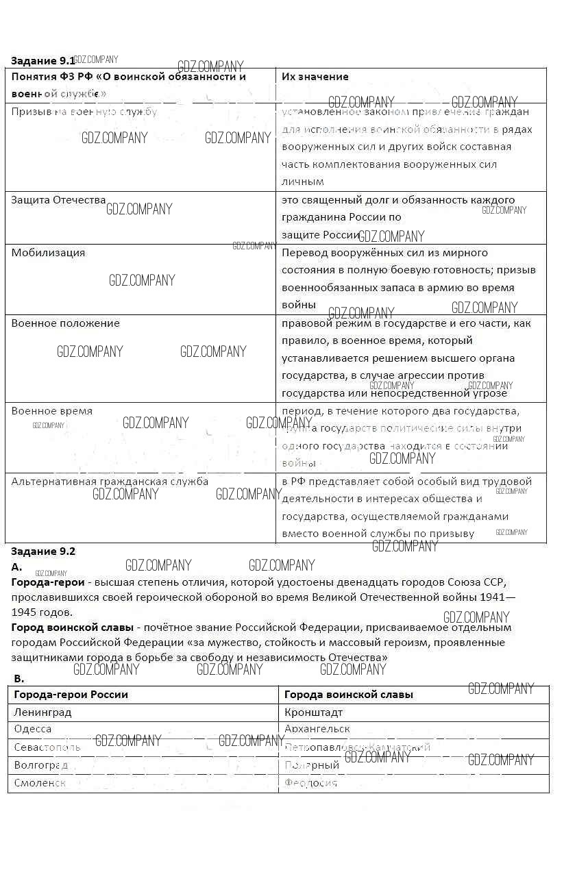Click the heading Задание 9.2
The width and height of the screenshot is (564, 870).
click(x=43, y=551)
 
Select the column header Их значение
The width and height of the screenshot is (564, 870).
click(x=315, y=77)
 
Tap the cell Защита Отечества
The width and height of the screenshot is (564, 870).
click(x=58, y=200)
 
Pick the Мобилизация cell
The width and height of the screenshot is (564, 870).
click(x=48, y=252)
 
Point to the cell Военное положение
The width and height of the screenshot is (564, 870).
click(x=65, y=323)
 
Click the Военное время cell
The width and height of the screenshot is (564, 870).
click(x=51, y=411)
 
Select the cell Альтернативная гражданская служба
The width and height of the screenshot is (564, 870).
click(x=110, y=481)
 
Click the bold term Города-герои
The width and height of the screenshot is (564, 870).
click(x=48, y=582)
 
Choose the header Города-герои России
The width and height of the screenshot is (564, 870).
click(x=71, y=695)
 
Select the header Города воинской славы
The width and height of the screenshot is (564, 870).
click(x=348, y=695)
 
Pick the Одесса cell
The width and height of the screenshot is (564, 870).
click(x=33, y=730)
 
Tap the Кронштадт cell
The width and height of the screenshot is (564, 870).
click(x=313, y=712)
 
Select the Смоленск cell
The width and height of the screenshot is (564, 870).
click(x=40, y=782)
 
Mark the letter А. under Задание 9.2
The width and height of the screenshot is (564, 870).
click(x=17, y=567)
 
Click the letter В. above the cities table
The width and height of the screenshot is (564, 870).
click(x=19, y=678)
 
